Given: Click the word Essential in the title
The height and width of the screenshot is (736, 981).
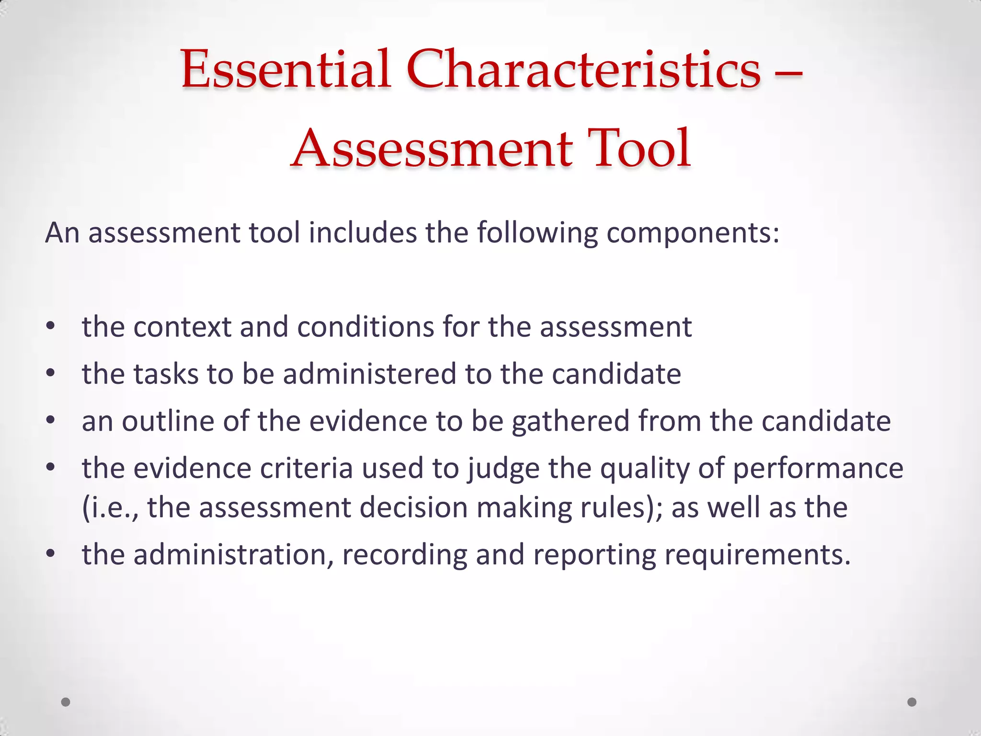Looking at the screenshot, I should point(286,69).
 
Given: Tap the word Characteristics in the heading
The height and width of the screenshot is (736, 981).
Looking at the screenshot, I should point(583,69).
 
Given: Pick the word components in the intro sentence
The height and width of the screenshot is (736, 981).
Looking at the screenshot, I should point(693,233).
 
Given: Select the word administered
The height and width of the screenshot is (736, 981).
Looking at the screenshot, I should point(369,374).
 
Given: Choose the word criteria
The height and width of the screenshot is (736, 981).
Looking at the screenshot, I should point(307,468).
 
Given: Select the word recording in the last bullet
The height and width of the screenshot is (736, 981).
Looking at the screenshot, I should point(405,555).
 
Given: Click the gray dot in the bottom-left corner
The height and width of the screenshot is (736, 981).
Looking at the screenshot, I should point(66,702).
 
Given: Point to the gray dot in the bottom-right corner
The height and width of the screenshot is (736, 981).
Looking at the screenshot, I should point(912,702).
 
